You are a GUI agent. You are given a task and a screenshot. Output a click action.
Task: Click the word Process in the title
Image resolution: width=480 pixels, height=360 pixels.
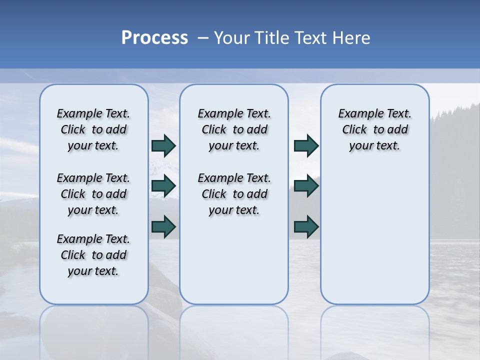point(154,38)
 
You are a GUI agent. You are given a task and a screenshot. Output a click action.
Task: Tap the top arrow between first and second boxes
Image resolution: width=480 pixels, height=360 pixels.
point(163,145)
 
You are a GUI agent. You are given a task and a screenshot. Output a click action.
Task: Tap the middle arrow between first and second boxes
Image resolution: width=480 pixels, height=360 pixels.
point(163,186)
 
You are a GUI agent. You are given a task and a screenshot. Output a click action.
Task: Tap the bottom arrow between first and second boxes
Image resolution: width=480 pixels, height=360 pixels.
point(163,226)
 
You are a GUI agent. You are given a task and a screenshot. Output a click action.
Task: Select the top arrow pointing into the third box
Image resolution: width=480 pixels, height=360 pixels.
point(306,145)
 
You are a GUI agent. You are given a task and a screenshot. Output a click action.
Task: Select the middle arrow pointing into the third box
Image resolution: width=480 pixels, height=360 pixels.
point(306,186)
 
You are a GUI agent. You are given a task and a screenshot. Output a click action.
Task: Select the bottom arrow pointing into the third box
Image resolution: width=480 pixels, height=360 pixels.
point(306,226)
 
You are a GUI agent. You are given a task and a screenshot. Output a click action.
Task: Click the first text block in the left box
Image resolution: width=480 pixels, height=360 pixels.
point(93,129)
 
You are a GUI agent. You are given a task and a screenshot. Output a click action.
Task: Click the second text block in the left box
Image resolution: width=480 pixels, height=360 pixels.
point(93,194)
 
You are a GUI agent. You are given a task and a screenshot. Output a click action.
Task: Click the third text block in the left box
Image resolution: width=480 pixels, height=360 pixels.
point(93,255)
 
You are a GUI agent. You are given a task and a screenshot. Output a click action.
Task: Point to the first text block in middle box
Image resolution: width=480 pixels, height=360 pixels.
point(234,129)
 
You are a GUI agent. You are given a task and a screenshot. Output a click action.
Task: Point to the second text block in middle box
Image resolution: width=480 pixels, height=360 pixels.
point(234,194)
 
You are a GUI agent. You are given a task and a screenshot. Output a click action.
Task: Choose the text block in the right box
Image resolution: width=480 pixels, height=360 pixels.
point(374,129)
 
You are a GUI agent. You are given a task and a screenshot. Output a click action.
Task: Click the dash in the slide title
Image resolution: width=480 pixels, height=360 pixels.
point(203,38)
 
